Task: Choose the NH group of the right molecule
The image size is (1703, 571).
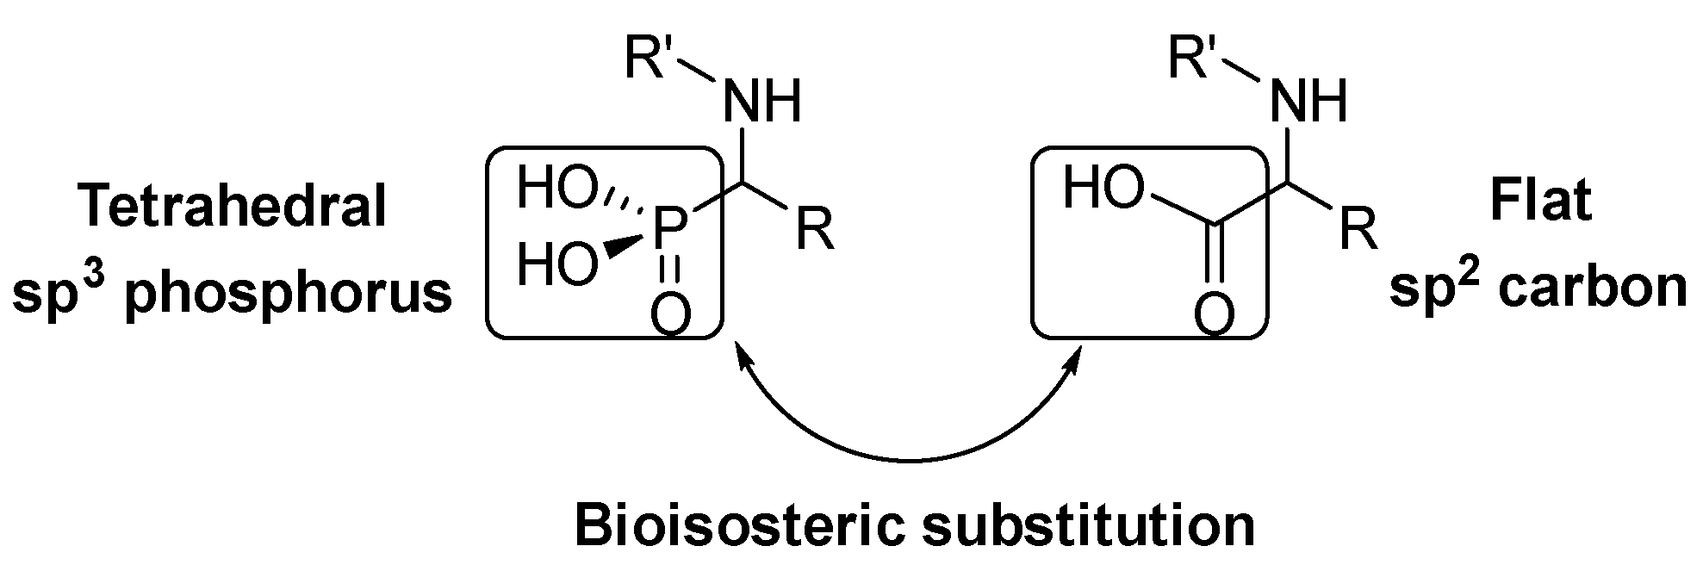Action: [1308, 101]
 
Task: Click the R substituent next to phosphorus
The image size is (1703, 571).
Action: [814, 231]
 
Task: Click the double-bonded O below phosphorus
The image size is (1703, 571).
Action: [670, 314]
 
